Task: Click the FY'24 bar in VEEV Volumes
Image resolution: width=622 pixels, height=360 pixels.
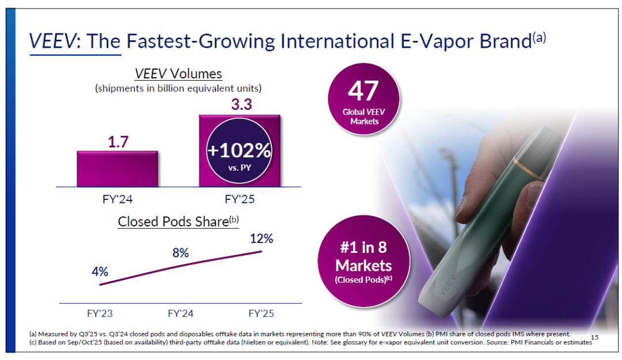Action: (x=117, y=169)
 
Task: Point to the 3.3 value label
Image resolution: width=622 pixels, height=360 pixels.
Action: (x=241, y=105)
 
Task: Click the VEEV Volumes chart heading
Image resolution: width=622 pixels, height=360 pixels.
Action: (x=178, y=74)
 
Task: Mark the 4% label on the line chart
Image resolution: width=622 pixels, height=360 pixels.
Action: (x=100, y=271)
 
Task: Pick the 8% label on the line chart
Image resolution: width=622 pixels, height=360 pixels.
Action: (x=180, y=252)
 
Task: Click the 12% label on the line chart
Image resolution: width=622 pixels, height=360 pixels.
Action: (x=261, y=238)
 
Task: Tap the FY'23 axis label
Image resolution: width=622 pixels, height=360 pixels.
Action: (x=100, y=313)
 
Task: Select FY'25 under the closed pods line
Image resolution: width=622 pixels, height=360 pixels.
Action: (x=261, y=313)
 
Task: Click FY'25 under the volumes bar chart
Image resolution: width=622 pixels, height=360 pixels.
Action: (x=239, y=200)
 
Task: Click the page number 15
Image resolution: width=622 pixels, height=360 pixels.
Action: (x=594, y=336)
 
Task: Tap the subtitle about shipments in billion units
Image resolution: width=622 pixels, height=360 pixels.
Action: (x=178, y=89)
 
